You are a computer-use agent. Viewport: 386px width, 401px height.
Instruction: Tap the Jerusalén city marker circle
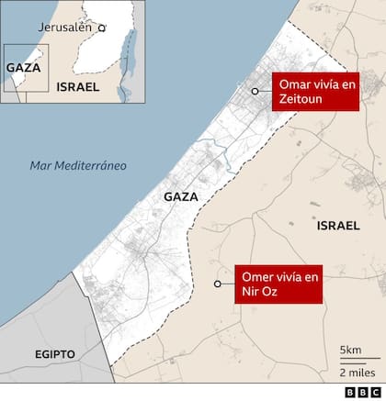click(102, 28)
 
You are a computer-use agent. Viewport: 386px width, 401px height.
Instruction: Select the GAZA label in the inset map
click(22, 67)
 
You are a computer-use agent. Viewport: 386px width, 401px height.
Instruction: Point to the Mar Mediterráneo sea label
click(77, 166)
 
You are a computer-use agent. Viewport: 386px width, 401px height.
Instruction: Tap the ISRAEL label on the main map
click(337, 225)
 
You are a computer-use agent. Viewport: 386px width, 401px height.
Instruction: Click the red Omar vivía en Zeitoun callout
click(316, 92)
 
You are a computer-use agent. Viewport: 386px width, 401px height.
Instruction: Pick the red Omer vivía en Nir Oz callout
click(280, 284)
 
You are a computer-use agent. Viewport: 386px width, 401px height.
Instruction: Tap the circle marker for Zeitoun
click(255, 91)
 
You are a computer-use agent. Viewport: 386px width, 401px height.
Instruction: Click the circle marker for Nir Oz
click(218, 284)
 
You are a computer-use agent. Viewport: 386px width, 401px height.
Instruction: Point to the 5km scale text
click(349, 351)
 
